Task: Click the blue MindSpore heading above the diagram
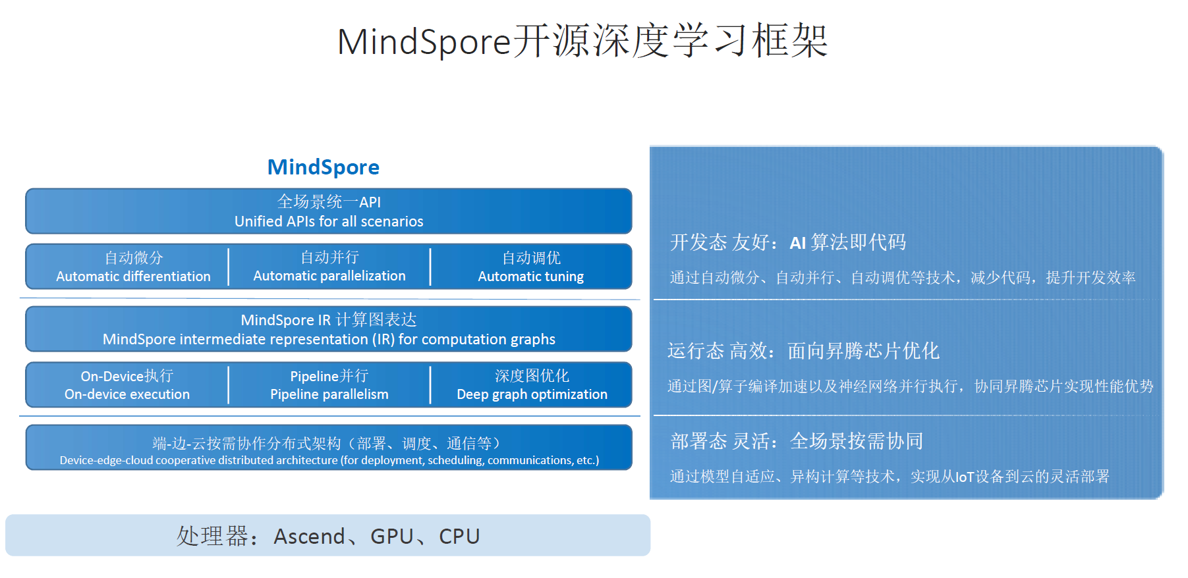[x=323, y=167]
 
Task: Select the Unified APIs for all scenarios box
[x=329, y=211]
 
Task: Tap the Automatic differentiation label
[x=133, y=276]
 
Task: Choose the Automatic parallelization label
[x=329, y=276]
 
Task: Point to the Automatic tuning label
[x=530, y=276]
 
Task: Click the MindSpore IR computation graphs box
[x=329, y=329]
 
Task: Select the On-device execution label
[x=127, y=394]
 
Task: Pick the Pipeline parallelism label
[x=329, y=394]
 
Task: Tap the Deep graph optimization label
[x=532, y=394]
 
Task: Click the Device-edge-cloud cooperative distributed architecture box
[x=329, y=448]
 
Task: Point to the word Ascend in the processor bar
[x=309, y=537]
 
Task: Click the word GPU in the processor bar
[x=391, y=537]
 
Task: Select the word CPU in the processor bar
[x=459, y=537]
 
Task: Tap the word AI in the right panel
[x=797, y=244]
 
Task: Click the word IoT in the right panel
[x=965, y=477]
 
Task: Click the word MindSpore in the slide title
[x=424, y=41]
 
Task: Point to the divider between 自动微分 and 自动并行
[x=229, y=267]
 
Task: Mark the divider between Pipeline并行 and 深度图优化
[x=430, y=385]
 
